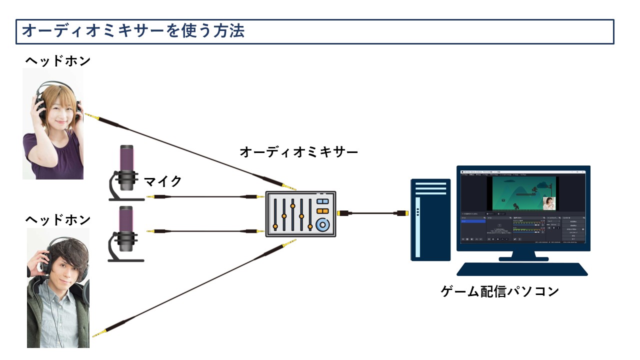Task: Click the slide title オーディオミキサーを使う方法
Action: (132, 31)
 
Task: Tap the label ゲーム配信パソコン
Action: (499, 291)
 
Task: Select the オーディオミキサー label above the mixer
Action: (298, 152)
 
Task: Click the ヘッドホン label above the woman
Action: (58, 61)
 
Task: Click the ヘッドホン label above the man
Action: (58, 219)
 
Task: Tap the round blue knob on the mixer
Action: (323, 225)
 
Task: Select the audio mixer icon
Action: (300, 214)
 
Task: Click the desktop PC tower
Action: (430, 220)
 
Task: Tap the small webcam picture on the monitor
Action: (549, 203)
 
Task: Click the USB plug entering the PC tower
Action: (403, 213)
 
